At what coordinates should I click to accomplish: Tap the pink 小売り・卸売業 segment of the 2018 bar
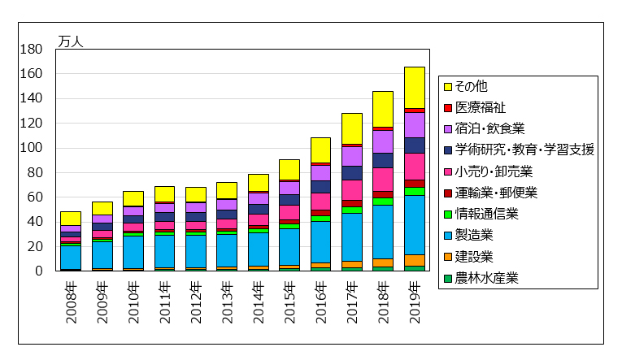383,179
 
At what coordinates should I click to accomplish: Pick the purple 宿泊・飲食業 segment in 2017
351,156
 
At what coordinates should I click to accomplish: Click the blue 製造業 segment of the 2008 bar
71,257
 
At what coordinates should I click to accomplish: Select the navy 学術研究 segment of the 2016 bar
320,186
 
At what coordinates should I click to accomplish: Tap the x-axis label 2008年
71,301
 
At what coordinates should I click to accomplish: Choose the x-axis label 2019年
415,301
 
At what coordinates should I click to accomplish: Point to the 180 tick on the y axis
31,50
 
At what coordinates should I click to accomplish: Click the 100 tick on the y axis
31,148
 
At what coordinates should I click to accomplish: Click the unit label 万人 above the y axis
70,41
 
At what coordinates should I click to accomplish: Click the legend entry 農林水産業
486,279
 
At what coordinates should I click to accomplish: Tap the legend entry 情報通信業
486,215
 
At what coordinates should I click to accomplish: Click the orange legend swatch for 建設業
446,258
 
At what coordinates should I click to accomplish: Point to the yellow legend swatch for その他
446,86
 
